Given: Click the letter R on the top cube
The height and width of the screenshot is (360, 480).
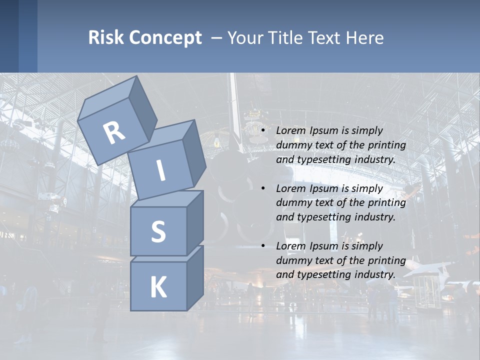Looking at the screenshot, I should [114, 132].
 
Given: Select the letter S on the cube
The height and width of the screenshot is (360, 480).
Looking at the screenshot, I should [158, 232].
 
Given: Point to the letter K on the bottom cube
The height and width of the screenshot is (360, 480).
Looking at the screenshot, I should [158, 287].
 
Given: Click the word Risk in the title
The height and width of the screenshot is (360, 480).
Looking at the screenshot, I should [106, 38].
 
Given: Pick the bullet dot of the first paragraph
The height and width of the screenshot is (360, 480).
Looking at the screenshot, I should [263, 130].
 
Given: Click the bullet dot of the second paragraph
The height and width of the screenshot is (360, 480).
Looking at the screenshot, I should [263, 188].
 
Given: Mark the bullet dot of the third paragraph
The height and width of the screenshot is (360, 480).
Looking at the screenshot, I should [263, 246].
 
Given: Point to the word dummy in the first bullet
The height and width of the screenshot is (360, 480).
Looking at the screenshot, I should [293, 145].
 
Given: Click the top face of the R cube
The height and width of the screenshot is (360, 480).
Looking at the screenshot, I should [107, 98].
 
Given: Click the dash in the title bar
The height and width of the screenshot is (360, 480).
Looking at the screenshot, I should [217, 38].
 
